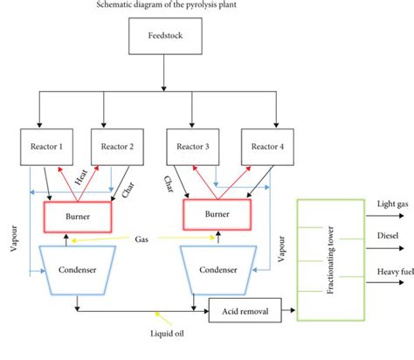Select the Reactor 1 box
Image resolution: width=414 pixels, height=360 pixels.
point(47,146)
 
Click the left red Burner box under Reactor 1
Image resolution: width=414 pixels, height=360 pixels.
point(79,212)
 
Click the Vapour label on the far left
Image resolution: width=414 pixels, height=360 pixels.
point(12,235)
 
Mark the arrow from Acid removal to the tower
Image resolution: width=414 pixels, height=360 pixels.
point(286,309)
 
